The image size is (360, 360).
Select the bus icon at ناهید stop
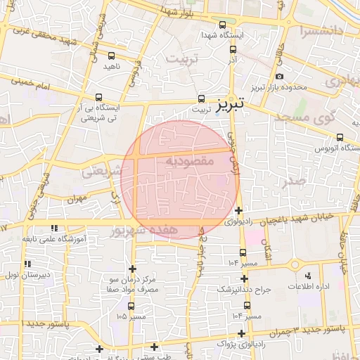tap(111, 55)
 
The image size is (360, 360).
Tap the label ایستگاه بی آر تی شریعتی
tap(98, 113)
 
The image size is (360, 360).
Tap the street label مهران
tap(75, 200)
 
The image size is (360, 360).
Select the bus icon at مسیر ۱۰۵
tap(131, 307)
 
